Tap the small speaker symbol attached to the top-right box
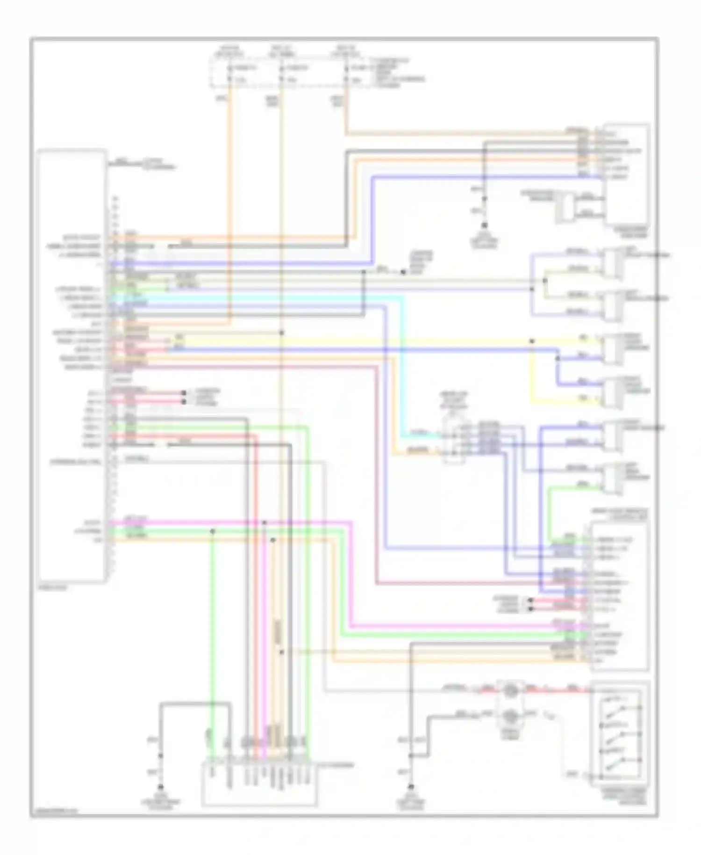pyautogui.click(x=565, y=207)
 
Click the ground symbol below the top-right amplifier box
pyautogui.click(x=485, y=227)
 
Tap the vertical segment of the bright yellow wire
pyautogui.click(x=532, y=374)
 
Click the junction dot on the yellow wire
pyautogui.click(x=532, y=341)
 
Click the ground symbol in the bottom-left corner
pyautogui.click(x=161, y=787)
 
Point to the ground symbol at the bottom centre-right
pyautogui.click(x=411, y=787)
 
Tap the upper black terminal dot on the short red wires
pyautogui.click(x=530, y=600)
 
